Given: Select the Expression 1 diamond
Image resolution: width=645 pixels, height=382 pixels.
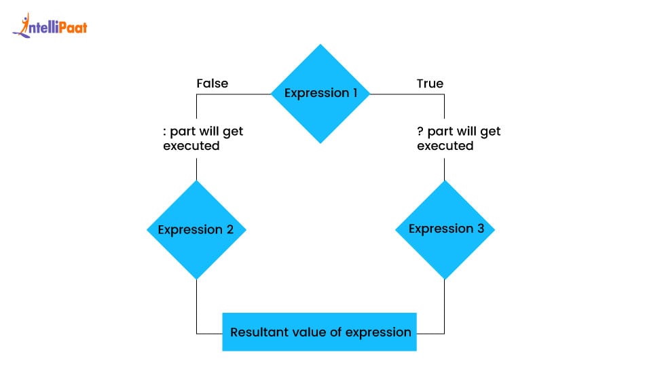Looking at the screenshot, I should coord(320,94).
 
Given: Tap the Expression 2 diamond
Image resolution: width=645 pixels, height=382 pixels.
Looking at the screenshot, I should coord(196,230).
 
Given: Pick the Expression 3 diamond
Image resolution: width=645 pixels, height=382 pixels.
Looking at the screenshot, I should coord(445,229).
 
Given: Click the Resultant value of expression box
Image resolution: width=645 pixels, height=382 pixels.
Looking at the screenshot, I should coord(320,332).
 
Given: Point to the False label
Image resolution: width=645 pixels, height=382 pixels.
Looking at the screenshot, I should coord(212,83).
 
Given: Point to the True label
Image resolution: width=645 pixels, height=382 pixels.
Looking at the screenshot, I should coord(430,83).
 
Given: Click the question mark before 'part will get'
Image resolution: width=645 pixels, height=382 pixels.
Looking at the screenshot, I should coord(420,132).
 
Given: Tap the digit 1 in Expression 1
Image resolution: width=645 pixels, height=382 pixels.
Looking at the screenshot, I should coord(354,94).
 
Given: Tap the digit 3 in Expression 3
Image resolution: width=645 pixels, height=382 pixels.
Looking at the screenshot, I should coord(480,229).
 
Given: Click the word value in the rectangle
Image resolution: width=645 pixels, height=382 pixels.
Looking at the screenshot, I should coord(305,332).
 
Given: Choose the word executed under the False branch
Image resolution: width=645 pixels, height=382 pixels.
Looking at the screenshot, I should coord(191,146).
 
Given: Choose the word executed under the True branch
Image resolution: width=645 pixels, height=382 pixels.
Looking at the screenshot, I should coord(445,146).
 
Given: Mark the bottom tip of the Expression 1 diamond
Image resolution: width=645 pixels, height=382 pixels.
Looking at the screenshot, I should coord(320,142).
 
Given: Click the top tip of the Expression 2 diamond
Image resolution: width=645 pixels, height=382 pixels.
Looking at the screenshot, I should coord(196,182).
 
